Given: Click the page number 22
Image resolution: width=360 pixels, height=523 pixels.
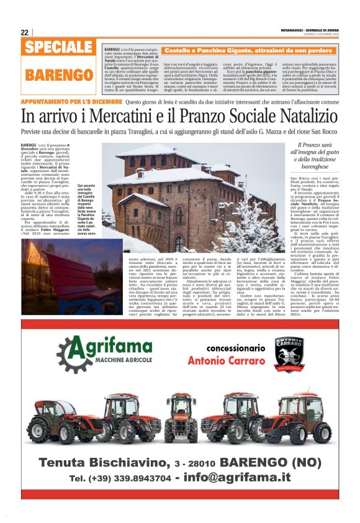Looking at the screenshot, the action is click(x=24, y=32).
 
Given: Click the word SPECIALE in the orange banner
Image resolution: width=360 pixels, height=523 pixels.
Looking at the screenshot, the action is click(x=60, y=48).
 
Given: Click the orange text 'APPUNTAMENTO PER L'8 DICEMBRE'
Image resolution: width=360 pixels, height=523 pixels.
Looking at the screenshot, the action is click(x=70, y=101).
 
